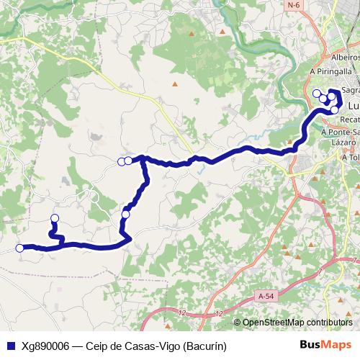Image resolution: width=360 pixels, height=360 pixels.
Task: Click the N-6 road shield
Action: click(292, 5)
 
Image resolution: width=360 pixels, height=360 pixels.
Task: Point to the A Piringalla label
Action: click(330, 72)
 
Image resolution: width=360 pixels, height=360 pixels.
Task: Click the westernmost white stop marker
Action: click(19, 248)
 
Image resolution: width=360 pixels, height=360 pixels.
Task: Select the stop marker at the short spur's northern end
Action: click(55, 218)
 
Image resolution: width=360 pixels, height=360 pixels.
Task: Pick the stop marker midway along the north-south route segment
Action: click(126, 214)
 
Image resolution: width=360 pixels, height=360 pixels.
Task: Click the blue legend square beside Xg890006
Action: click(10, 346)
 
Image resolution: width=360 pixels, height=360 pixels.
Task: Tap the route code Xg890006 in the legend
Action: click(45, 346)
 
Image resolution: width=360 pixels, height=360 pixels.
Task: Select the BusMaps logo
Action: click(325, 346)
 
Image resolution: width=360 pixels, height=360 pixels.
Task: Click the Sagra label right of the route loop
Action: click(351, 91)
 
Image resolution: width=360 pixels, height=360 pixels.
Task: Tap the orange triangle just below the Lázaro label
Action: click(336, 156)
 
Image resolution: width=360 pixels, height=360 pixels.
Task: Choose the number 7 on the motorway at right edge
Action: click(354, 260)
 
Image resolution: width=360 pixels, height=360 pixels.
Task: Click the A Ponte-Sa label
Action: click(341, 132)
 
